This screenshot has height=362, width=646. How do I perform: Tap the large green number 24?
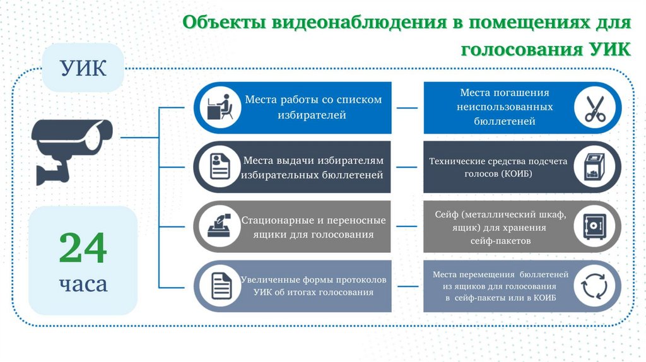click(x=83, y=248)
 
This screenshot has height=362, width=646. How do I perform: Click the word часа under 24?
click(x=83, y=284)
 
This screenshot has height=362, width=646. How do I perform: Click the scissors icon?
click(x=594, y=108)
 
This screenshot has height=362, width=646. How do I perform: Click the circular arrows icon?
click(x=594, y=286)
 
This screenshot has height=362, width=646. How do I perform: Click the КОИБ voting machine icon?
click(x=594, y=166)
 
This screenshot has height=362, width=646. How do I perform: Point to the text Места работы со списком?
click(x=313, y=100)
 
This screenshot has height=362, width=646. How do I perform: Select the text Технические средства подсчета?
click(x=498, y=161)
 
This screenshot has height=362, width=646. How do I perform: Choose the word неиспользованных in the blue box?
click(x=505, y=107)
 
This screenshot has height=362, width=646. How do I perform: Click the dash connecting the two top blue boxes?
click(x=407, y=107)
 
